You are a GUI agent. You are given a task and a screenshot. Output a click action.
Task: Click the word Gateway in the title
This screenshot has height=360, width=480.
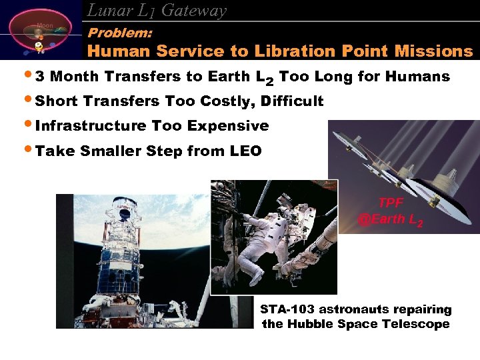[194, 11]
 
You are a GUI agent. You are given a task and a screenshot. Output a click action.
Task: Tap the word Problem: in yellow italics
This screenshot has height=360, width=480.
[120, 32]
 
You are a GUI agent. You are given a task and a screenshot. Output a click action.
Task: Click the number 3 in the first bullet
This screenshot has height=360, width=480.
[39, 77]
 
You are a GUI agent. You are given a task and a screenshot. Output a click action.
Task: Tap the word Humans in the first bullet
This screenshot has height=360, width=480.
[420, 77]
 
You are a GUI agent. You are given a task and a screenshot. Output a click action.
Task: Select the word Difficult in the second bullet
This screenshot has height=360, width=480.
[293, 101]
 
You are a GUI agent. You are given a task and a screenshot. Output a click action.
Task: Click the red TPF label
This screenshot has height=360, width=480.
[391, 203]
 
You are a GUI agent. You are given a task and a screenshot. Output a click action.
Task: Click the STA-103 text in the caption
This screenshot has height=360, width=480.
[287, 310]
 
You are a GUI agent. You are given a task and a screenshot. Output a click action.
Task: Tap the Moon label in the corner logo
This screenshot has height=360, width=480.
[45, 26]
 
